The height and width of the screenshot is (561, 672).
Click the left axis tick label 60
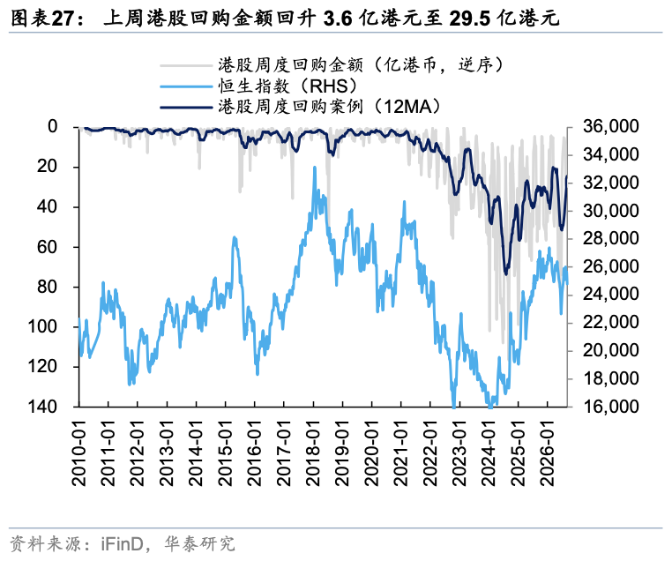[47, 247]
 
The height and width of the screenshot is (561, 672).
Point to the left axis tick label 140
[42, 407]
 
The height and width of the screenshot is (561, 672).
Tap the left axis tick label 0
[53, 126]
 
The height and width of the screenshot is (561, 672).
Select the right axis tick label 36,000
[611, 126]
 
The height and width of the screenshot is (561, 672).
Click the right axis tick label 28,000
[611, 238]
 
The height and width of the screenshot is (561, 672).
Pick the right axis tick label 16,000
[611, 407]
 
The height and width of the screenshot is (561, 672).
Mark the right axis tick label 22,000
[611, 322]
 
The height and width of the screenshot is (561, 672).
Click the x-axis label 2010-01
[79, 453]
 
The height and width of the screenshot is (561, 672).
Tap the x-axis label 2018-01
[313, 453]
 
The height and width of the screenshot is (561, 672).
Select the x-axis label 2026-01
[548, 453]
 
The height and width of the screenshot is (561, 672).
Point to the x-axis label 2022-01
[430, 453]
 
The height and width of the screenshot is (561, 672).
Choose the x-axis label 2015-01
[226, 453]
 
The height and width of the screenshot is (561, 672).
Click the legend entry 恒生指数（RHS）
[288, 86]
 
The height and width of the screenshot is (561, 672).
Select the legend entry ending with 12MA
[330, 106]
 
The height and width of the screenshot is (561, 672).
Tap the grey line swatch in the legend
[186, 65]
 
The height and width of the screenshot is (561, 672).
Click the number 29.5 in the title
[470, 19]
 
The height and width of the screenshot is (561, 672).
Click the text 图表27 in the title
[42, 19]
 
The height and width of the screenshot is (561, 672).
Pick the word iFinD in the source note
[122, 544]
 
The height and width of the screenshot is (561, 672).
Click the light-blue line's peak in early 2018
[315, 167]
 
